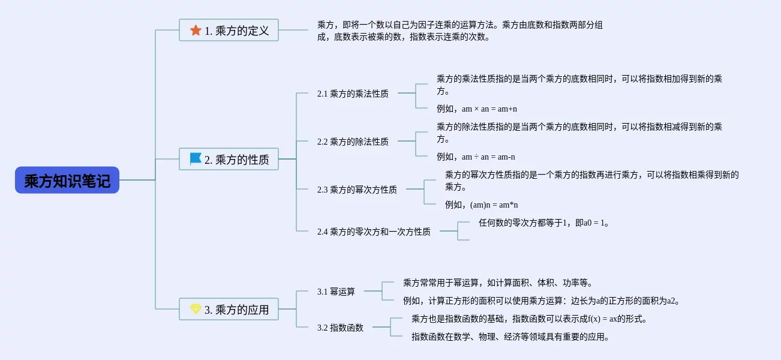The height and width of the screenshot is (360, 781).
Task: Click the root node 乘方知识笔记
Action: tap(67, 180)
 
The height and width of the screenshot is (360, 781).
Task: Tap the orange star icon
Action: tap(196, 31)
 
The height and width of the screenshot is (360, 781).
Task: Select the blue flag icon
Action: tap(196, 159)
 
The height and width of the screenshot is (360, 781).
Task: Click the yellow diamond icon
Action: tap(196, 309)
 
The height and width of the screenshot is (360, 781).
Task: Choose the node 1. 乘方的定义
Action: tap(229, 30)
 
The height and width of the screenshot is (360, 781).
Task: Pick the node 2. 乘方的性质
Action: tap(229, 159)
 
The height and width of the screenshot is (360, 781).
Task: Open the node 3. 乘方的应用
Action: tap(229, 309)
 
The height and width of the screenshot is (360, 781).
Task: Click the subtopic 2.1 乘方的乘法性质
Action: tap(353, 94)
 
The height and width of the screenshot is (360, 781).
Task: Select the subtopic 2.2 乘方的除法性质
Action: tap(353, 142)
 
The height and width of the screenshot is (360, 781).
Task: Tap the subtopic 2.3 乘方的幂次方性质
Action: tap(357, 190)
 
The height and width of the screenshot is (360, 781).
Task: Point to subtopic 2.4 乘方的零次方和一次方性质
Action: tap(374, 232)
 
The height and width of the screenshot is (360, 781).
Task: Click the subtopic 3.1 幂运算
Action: tap(336, 292)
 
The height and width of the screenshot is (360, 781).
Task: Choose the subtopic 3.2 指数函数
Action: tap(340, 328)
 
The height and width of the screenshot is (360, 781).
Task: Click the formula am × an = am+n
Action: tap(489, 109)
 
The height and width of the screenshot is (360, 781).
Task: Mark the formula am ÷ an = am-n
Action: tap(488, 157)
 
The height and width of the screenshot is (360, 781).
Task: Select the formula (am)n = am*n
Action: tap(494, 205)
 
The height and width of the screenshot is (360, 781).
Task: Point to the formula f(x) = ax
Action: tap(602, 319)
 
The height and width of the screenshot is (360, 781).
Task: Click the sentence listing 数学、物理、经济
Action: tap(510, 337)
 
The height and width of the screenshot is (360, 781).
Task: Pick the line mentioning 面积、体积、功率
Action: tap(498, 283)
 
